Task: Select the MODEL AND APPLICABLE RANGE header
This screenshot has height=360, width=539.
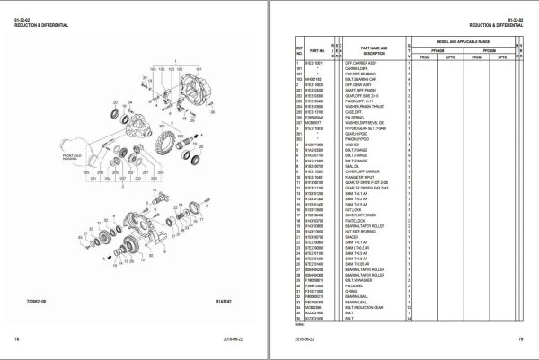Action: coord(474,42)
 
